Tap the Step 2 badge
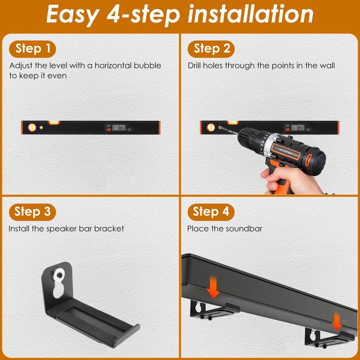211,49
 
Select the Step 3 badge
33,212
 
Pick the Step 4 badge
211,212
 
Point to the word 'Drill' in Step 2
197,66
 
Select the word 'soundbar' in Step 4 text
244,229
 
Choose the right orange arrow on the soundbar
337,323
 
